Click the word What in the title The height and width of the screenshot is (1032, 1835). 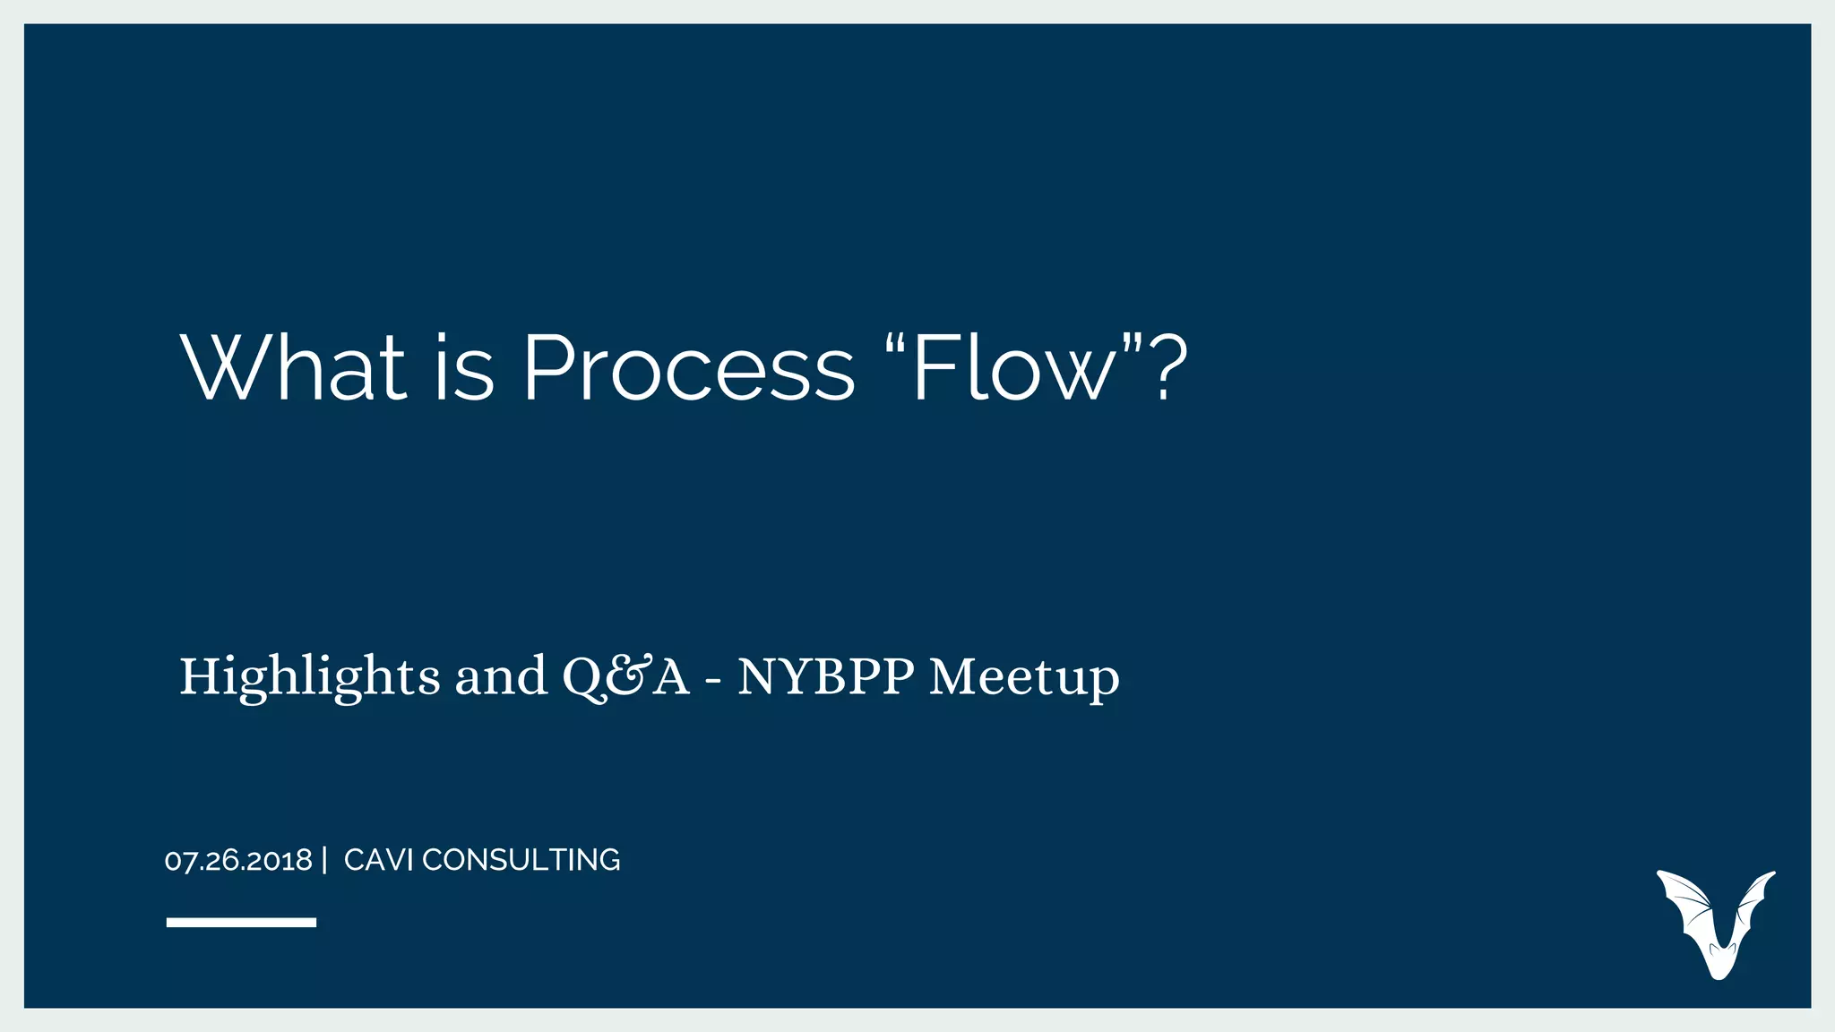click(x=295, y=368)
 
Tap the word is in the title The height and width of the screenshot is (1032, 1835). click(x=465, y=368)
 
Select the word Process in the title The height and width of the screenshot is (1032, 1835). click(x=688, y=368)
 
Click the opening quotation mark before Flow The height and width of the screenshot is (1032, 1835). click(x=895, y=345)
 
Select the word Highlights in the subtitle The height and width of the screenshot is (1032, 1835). click(x=309, y=676)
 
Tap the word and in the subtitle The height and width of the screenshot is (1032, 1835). click(x=501, y=676)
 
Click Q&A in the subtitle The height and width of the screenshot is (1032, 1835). click(x=625, y=676)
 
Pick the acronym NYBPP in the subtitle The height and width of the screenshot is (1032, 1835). click(x=825, y=676)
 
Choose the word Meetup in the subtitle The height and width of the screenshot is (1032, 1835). click(x=1024, y=676)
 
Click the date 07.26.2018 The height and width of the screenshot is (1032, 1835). click(x=238, y=861)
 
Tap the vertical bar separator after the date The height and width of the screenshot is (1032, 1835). click(x=324, y=860)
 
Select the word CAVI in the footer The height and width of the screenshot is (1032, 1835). click(x=377, y=860)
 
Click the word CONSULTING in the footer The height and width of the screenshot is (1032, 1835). click(x=521, y=860)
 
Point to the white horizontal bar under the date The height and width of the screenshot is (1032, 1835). click(x=241, y=922)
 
